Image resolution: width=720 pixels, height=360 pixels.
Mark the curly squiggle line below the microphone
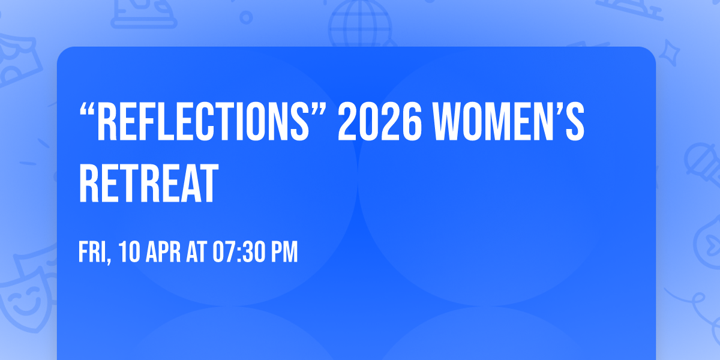(x=690, y=300)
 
